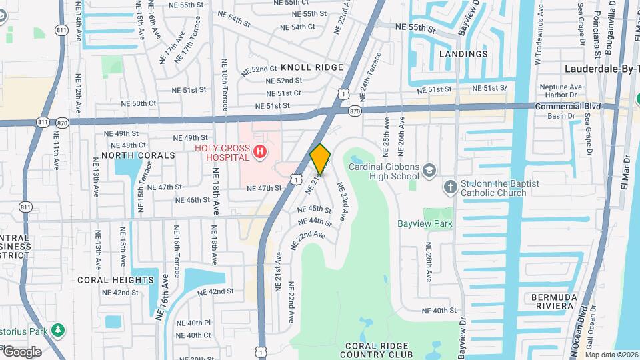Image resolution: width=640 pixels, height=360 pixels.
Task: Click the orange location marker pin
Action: (321, 159)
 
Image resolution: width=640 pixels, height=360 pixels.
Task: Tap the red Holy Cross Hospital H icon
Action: (261, 153)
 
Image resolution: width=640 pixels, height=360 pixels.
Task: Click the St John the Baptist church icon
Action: (451, 187)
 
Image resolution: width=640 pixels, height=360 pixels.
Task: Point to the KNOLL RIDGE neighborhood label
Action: (312, 67)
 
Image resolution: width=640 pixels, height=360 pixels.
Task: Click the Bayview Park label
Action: (425, 223)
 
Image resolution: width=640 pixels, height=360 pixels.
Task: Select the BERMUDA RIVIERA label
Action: (553, 301)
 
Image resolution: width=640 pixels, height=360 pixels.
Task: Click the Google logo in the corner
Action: (22, 352)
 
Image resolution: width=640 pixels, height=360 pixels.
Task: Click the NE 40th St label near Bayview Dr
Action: (440, 311)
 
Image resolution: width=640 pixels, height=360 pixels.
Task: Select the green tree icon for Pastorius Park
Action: (59, 330)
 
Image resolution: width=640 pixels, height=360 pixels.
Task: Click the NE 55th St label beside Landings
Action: (415, 29)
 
